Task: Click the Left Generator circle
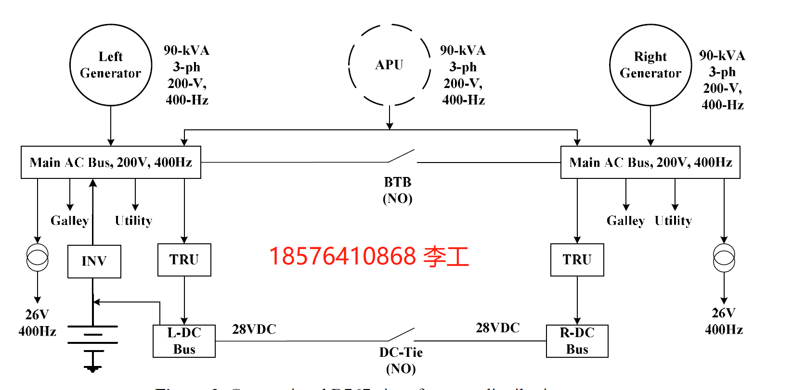pyautogui.click(x=111, y=65)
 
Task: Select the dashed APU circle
pyautogui.click(x=389, y=65)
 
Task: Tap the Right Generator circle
pyautogui.click(x=650, y=65)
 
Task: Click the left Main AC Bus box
pyautogui.click(x=111, y=163)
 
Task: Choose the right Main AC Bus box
pyautogui.click(x=650, y=163)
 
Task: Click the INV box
pyautogui.click(x=94, y=261)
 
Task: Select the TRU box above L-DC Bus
pyautogui.click(x=184, y=260)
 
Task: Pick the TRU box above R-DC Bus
pyautogui.click(x=577, y=260)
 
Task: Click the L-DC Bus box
pyautogui.click(x=184, y=341)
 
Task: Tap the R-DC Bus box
pyautogui.click(x=577, y=341)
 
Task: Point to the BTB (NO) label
pyautogui.click(x=398, y=190)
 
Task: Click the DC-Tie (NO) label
pyautogui.click(x=401, y=360)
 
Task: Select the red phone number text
pyautogui.click(x=368, y=256)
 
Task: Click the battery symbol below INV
pyautogui.click(x=92, y=335)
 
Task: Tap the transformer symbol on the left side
pyautogui.click(x=37, y=257)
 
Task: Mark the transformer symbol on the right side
pyautogui.click(x=724, y=258)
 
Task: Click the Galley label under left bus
pyautogui.click(x=70, y=221)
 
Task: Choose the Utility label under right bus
pyautogui.click(x=673, y=221)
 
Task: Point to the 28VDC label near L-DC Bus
pyautogui.click(x=254, y=329)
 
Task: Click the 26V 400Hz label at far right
pyautogui.click(x=724, y=321)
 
